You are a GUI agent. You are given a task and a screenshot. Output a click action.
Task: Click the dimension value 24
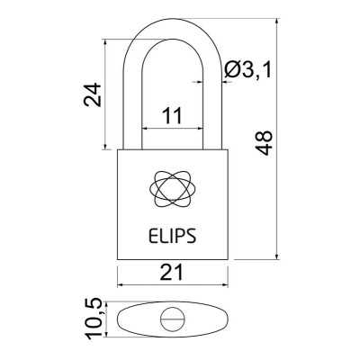[92, 94]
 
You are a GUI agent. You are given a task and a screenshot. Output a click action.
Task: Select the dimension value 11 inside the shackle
[172, 115]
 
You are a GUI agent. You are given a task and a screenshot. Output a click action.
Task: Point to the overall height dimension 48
[263, 142]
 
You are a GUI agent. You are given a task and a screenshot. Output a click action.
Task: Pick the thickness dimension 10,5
[92, 319]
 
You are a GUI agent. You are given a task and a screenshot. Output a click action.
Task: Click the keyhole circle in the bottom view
[172, 319]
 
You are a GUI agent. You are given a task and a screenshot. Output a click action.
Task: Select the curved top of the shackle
[172, 19]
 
